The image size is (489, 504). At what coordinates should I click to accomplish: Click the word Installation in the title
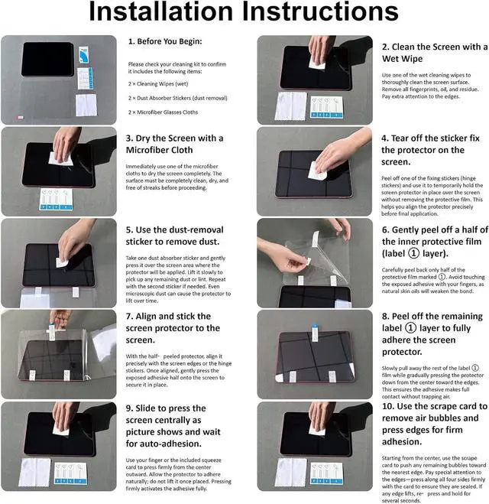coord(160,11)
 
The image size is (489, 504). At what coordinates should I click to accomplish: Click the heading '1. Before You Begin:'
coord(165,41)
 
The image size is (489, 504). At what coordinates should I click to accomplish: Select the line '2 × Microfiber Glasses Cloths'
coord(163,112)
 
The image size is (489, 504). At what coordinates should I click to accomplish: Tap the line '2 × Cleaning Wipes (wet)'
coord(158,84)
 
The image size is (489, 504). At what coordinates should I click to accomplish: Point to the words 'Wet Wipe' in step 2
coord(402,59)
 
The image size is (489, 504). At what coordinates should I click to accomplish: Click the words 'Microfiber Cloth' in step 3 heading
coord(159,150)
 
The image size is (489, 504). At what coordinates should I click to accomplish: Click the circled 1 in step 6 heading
coord(413,253)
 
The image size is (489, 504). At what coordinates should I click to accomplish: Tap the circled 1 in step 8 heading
coord(410,328)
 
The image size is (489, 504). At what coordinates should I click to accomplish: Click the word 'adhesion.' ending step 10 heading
coord(402,441)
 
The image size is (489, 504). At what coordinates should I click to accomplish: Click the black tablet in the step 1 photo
coord(47,59)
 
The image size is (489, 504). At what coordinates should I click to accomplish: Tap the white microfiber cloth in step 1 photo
coord(86,105)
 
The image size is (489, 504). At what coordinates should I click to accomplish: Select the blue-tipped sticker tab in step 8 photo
coord(315,333)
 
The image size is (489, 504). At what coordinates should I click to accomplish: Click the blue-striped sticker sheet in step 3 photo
coord(57,200)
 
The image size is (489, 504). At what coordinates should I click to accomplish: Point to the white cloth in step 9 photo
coord(34,472)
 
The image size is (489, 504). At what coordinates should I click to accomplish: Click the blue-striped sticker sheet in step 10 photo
coord(326,473)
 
